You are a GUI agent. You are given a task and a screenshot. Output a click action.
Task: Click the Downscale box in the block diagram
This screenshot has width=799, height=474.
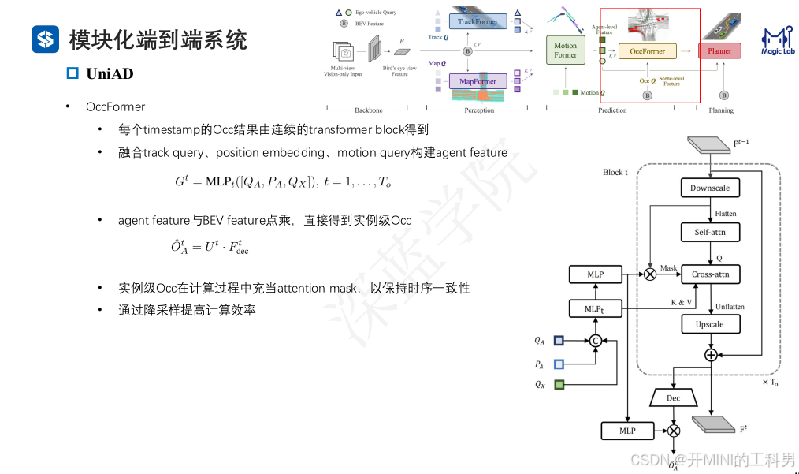(x=710, y=188)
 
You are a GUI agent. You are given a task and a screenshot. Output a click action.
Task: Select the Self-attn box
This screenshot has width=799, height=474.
(x=710, y=232)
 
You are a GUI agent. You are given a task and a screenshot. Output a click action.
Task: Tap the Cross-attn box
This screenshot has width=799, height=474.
(x=710, y=274)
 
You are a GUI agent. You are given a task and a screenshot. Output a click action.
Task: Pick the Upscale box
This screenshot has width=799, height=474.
(x=710, y=323)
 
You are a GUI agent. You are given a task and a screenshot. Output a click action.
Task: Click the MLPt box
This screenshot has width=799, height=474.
(x=596, y=308)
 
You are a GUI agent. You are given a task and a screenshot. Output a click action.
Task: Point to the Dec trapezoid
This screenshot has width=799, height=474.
(x=673, y=398)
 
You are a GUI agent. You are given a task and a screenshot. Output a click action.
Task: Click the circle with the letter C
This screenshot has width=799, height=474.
(x=596, y=341)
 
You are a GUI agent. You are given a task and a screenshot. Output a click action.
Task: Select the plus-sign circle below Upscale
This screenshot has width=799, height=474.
(x=711, y=355)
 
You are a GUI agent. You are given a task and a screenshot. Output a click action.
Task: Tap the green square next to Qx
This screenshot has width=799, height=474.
(x=559, y=385)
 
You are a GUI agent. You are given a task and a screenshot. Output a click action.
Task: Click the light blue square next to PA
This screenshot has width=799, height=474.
(x=559, y=364)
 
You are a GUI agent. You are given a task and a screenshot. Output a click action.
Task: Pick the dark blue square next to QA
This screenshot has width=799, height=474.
(x=559, y=341)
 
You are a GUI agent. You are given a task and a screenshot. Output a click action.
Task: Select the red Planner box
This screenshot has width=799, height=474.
(x=720, y=51)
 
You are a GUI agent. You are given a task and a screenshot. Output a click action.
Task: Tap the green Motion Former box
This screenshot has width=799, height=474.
(x=565, y=50)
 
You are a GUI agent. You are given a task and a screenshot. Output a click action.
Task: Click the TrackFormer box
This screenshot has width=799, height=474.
(x=478, y=21)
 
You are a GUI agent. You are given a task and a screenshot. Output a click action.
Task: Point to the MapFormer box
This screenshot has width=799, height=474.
(x=478, y=81)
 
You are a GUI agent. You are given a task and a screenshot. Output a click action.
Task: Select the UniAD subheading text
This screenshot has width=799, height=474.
(x=110, y=73)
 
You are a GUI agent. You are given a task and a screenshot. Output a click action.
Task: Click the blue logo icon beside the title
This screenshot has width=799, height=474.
(x=46, y=39)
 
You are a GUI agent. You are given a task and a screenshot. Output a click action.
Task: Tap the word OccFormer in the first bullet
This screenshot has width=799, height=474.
(x=115, y=106)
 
